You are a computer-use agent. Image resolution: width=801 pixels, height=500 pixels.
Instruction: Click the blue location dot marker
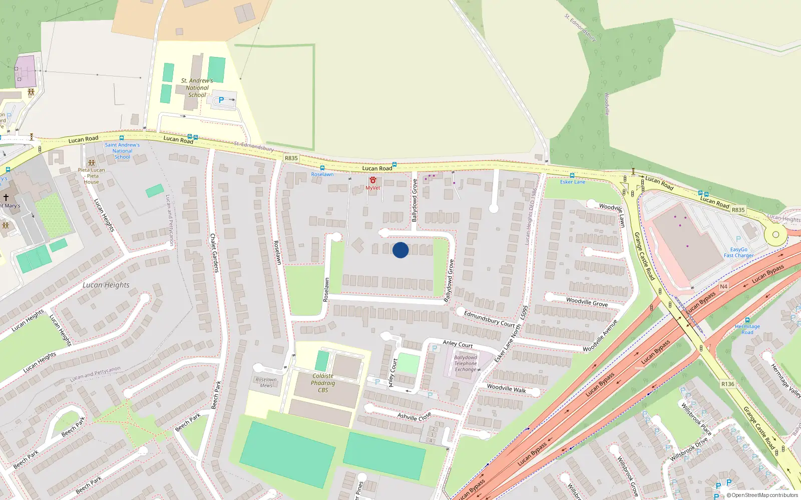tap(400, 250)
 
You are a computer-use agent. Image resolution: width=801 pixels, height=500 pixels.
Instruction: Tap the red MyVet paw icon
tap(372, 180)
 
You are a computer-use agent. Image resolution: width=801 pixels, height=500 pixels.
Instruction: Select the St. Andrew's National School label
tap(197, 87)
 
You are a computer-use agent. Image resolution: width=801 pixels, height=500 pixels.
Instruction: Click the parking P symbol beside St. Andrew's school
tap(221, 100)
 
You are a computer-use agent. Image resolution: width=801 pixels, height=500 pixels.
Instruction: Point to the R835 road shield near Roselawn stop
tap(291, 158)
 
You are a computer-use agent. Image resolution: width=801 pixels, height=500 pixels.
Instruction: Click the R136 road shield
tap(728, 384)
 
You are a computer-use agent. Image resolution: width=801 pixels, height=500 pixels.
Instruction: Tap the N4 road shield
tap(723, 286)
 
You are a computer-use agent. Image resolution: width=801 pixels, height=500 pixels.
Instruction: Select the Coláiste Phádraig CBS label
tap(323, 383)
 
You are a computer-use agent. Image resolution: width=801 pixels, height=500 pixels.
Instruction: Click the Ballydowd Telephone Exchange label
tap(466, 363)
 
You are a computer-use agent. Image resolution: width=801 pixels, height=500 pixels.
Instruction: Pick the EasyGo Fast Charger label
tap(738, 252)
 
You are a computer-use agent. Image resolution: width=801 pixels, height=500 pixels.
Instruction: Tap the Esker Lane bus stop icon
tap(572, 175)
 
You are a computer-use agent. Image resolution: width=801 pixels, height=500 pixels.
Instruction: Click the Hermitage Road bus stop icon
tap(747, 320)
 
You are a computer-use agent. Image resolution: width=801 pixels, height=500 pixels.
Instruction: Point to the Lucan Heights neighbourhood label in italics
tap(106, 285)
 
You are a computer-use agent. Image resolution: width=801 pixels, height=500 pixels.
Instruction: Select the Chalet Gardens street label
tap(214, 252)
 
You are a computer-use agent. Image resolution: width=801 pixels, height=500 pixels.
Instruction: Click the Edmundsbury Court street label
tap(489, 318)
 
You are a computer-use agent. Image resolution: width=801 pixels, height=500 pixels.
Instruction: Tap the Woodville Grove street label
tap(587, 301)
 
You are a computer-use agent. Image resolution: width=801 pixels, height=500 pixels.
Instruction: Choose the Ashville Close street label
tap(414, 416)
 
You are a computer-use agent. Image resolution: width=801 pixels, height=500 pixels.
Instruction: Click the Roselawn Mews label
tap(266, 382)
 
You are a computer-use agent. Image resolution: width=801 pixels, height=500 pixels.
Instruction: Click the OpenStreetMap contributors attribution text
tap(762, 495)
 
